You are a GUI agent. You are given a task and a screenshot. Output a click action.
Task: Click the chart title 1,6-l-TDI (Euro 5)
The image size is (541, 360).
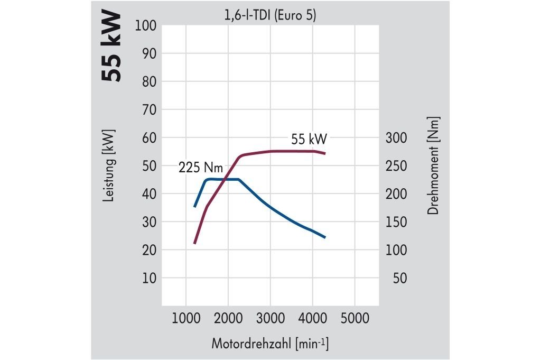[x=270, y=16]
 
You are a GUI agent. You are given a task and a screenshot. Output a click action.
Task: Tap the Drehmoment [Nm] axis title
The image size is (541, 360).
[x=434, y=165]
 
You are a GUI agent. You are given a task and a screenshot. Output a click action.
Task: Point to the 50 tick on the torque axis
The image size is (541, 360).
[x=400, y=278]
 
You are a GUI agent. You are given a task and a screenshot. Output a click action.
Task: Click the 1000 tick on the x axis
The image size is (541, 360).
[x=185, y=318]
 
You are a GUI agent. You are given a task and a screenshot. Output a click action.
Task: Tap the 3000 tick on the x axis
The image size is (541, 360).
[x=270, y=318]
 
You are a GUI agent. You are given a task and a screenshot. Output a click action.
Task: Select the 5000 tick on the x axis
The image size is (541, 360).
[x=355, y=318]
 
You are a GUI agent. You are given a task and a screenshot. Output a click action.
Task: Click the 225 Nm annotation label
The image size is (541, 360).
[x=200, y=168]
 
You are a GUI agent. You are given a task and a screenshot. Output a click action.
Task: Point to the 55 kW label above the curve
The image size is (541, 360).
[x=309, y=140]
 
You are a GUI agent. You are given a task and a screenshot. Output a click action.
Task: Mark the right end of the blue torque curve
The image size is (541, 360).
[x=325, y=237]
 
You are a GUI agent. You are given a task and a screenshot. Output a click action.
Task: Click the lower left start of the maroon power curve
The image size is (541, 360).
[x=194, y=243]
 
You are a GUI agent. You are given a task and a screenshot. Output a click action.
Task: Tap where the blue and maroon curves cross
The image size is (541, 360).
[x=227, y=180]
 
